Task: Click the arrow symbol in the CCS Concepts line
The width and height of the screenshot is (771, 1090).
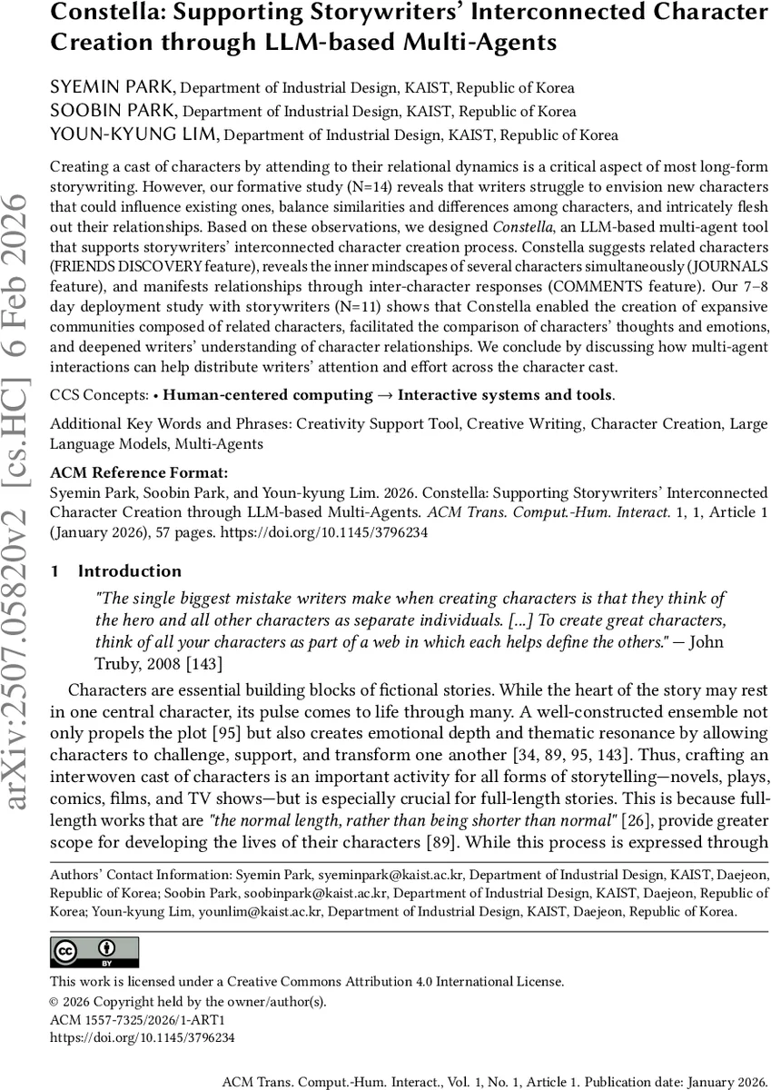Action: click(x=385, y=394)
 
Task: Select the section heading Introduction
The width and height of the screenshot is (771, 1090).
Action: click(x=130, y=571)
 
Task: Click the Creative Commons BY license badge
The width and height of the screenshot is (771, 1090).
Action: click(x=94, y=951)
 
